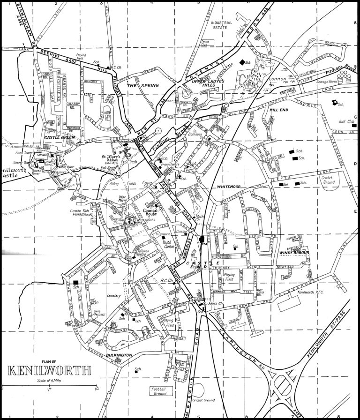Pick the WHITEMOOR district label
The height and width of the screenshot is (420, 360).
[228, 187]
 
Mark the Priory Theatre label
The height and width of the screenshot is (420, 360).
[171, 165]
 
